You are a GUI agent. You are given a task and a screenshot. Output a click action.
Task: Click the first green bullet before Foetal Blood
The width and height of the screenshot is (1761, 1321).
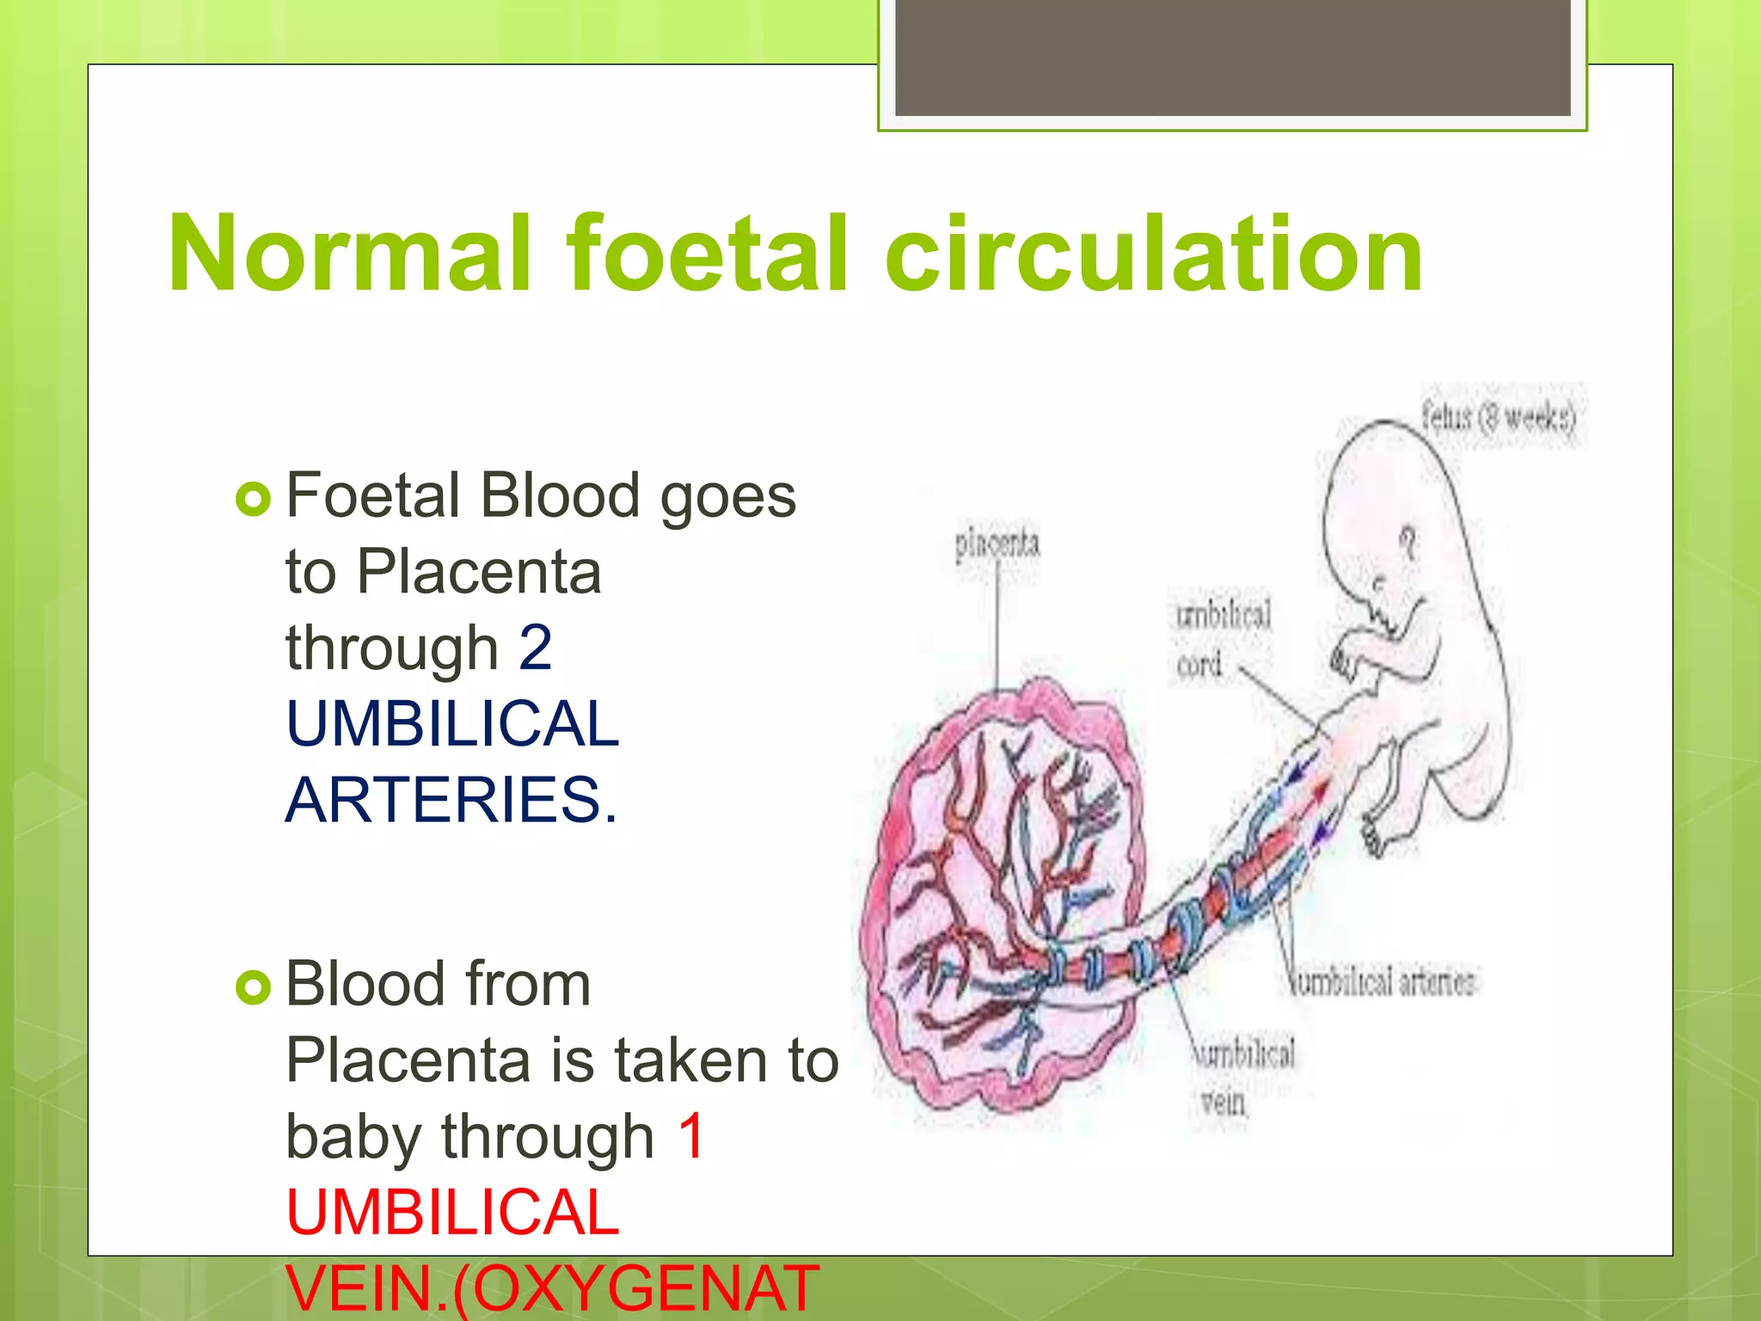point(253,499)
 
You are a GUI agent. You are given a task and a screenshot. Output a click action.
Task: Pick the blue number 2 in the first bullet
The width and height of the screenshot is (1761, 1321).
point(535,648)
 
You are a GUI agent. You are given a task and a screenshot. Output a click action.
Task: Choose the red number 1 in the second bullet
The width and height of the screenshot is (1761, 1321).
point(690,1136)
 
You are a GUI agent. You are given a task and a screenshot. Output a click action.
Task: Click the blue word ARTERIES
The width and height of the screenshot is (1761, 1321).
point(451,800)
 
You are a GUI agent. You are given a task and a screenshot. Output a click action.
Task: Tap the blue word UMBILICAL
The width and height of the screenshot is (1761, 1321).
point(452,724)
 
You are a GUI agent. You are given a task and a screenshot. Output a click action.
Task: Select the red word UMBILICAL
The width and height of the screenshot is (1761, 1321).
point(452,1213)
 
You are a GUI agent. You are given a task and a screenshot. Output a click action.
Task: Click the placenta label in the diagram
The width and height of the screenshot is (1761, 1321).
point(997,544)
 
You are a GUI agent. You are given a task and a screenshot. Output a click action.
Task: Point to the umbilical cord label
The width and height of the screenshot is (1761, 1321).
point(1222,638)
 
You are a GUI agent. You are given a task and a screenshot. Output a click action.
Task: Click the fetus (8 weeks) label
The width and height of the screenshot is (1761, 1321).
point(1498,418)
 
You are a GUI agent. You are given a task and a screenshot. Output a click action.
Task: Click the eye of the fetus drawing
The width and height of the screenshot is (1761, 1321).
point(1408,541)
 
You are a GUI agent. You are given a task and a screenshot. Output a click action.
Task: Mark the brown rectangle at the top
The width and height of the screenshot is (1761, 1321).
point(1232,58)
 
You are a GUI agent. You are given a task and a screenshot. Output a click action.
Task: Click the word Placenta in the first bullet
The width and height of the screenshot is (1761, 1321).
point(478,572)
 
